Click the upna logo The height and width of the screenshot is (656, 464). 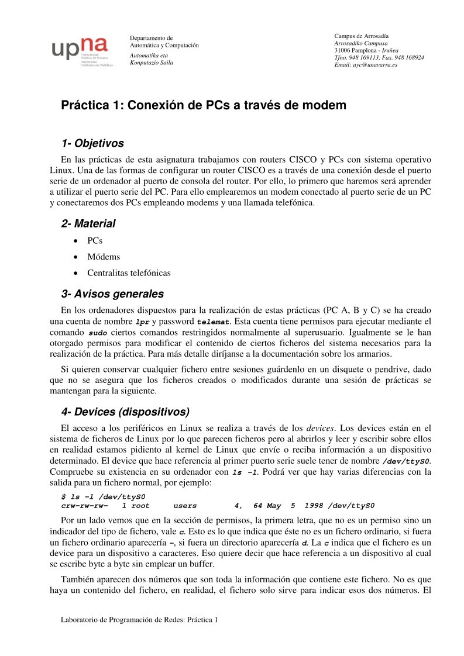80,50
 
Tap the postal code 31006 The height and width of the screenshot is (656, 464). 343,50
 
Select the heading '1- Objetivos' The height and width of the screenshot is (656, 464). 92,143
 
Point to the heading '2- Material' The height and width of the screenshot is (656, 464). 88,224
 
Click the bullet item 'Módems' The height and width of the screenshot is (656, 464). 104,257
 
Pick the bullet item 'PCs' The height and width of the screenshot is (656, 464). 95,241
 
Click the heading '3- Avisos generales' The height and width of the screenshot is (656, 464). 112,294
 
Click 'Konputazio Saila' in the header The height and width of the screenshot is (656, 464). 151,63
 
